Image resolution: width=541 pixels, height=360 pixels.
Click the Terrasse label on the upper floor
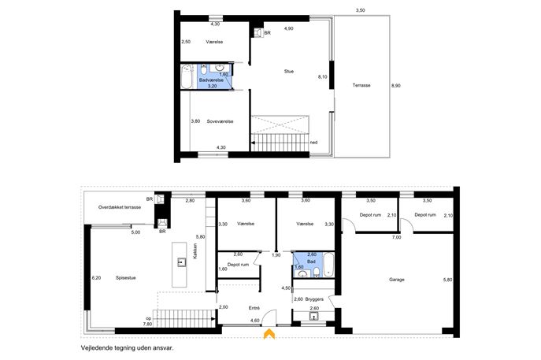click(361, 85)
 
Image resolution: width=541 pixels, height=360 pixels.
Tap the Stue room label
click(289, 72)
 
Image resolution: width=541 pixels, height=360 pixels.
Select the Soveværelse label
click(220, 121)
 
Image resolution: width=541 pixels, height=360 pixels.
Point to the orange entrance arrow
click(269, 334)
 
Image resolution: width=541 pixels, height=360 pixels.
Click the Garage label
click(396, 280)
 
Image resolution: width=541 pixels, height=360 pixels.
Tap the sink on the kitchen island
click(181, 262)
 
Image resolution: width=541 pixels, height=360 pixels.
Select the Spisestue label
click(125, 278)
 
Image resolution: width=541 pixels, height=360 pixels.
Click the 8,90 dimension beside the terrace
click(395, 86)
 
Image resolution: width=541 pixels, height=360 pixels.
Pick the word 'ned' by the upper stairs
click(313, 143)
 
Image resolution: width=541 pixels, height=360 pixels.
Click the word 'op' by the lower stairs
click(149, 318)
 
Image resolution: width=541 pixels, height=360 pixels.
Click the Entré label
click(254, 308)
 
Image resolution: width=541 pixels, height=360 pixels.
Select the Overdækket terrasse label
click(120, 207)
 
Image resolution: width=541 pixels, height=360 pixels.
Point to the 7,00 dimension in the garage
click(396, 237)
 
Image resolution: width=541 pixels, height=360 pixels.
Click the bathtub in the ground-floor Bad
click(328, 265)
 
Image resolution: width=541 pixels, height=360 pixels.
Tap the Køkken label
click(195, 251)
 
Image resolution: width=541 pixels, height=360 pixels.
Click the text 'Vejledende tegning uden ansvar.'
click(127, 348)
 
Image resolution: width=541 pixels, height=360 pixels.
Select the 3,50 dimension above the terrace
click(360, 10)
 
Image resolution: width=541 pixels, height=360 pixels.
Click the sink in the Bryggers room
click(313, 316)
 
